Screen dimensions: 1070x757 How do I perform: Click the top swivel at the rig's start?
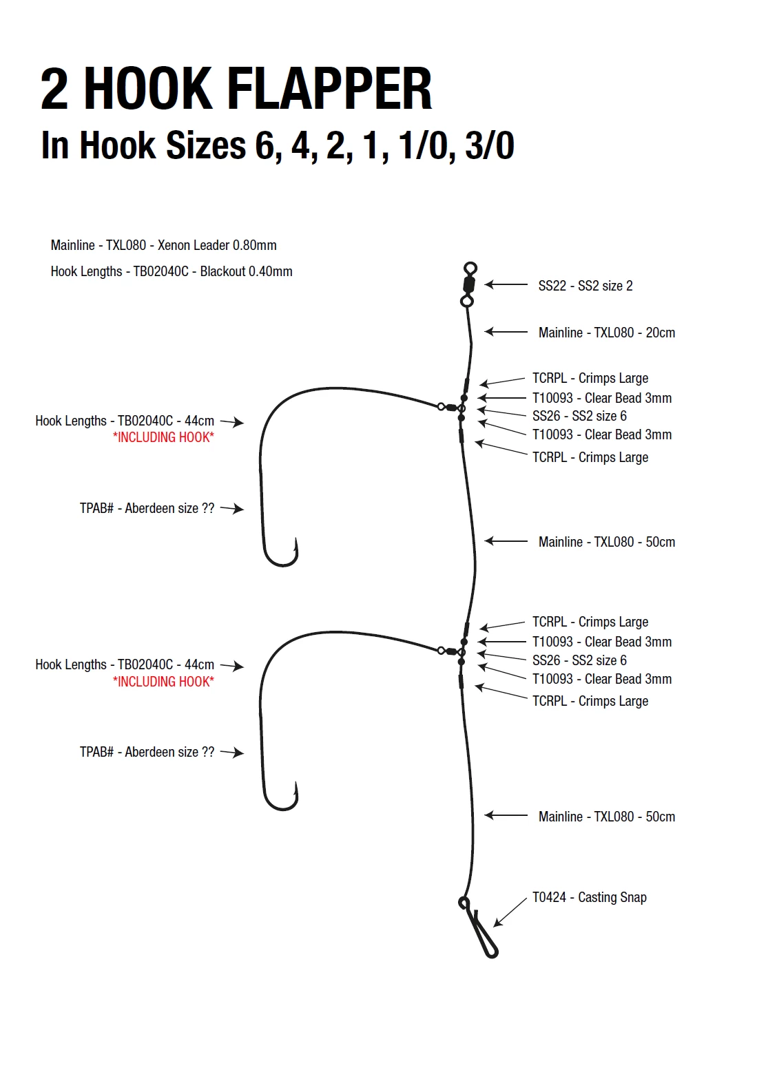pyautogui.click(x=468, y=284)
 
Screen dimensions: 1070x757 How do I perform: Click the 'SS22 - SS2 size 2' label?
pyautogui.click(x=585, y=286)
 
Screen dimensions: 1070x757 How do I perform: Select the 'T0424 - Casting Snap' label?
pyautogui.click(x=589, y=897)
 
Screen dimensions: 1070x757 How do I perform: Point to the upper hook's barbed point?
pyautogui.click(x=296, y=547)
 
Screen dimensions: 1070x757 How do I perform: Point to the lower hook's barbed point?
pyautogui.click(x=296, y=791)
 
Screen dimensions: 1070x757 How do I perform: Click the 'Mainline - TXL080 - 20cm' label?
pyautogui.click(x=606, y=333)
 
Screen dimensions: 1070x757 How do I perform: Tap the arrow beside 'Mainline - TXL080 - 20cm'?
pyautogui.click(x=506, y=332)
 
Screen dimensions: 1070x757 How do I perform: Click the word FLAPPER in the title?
pyautogui.click(x=329, y=90)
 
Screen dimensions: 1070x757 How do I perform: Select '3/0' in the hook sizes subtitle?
pyautogui.click(x=489, y=145)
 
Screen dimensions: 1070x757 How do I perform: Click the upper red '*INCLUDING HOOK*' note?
pyautogui.click(x=163, y=437)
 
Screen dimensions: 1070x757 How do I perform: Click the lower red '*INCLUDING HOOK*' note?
pyautogui.click(x=163, y=682)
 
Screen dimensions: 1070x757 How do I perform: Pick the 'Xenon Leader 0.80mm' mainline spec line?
pyautogui.click(x=163, y=245)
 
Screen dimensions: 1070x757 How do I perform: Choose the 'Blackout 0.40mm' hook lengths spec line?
pyautogui.click(x=172, y=271)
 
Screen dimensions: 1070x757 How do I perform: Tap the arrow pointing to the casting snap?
pyautogui.click(x=509, y=912)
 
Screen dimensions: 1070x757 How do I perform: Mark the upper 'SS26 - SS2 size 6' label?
pyautogui.click(x=579, y=416)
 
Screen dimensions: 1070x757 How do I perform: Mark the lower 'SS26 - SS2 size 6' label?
pyautogui.click(x=579, y=660)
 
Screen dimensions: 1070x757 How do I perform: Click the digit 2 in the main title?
pyautogui.click(x=55, y=90)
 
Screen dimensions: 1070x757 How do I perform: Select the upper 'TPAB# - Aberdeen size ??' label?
pyautogui.click(x=147, y=508)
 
